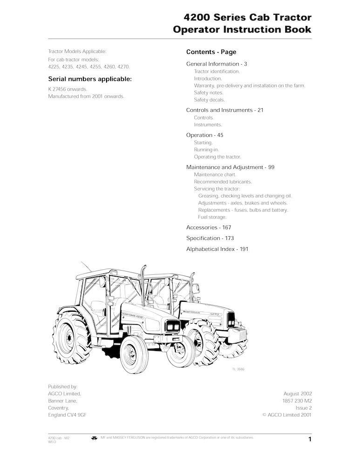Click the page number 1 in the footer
pyautogui.click(x=309, y=439)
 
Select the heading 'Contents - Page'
pyautogui.click(x=211, y=52)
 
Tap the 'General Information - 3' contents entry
pyautogui.click(x=216, y=64)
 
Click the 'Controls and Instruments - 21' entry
pyautogui.click(x=225, y=110)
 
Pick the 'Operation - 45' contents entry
pyautogui.click(x=205, y=135)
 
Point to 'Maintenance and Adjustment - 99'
pyautogui.click(x=230, y=167)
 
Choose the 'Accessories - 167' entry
pyautogui.click(x=208, y=227)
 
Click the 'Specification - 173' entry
pyautogui.click(x=210, y=238)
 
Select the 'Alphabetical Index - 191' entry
pyautogui.click(x=217, y=249)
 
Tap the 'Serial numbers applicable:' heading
pyautogui.click(x=90, y=79)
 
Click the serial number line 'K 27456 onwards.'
pyautogui.click(x=67, y=89)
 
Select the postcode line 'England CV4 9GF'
pyautogui.click(x=68, y=415)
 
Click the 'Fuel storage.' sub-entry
pyautogui.click(x=212, y=217)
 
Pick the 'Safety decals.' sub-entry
pyautogui.click(x=209, y=100)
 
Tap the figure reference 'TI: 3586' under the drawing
pyautogui.click(x=239, y=370)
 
